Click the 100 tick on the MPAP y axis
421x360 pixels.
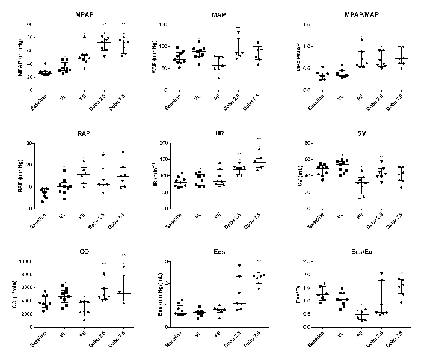click(x=29, y=25)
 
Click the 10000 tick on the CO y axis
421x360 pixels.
click(x=25, y=261)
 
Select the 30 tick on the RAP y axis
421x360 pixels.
click(x=30, y=144)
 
